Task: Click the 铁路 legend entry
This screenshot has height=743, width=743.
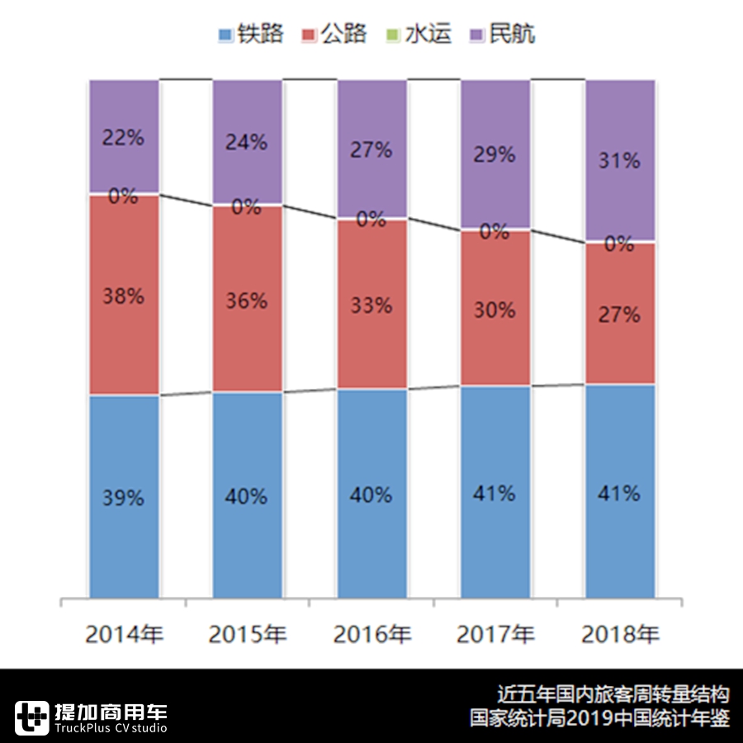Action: click(250, 35)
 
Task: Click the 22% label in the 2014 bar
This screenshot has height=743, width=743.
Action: click(123, 138)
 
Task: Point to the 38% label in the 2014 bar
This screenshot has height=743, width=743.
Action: click(123, 296)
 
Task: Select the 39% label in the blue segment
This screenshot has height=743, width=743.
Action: click(123, 499)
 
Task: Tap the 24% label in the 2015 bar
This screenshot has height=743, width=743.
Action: click(247, 142)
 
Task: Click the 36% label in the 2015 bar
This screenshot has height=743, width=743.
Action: click(247, 301)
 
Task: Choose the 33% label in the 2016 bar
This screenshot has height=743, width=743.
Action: click(371, 305)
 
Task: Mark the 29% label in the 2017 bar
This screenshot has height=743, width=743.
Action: click(495, 154)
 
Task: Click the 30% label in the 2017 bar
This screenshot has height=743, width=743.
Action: click(495, 310)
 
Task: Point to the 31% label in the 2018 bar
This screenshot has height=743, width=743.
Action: click(620, 161)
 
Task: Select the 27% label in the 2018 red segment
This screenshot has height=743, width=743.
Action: click(620, 315)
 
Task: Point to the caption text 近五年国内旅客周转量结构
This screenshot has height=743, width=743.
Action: click(613, 693)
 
